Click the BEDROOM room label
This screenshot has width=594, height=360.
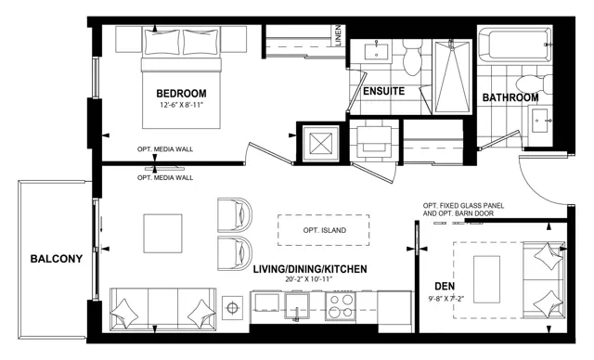181,93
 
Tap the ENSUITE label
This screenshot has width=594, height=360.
383,91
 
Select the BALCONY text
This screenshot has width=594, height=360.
57,259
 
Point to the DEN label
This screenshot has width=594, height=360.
445,286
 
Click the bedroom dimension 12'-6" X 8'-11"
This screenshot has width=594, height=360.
182,105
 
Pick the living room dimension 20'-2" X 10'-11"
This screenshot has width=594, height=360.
309,279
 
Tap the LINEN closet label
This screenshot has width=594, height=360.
338,35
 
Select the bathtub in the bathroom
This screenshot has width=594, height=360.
514,44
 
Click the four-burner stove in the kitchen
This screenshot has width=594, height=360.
341,306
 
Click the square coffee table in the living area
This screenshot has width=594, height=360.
162,234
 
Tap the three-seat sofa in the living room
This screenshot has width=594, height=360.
163,309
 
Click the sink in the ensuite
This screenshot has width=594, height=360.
376,51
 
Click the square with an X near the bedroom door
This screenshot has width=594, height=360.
320,143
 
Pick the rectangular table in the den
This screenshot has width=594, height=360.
486,279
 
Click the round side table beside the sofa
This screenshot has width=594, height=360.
232,308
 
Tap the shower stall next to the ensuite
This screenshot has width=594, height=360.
452,77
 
